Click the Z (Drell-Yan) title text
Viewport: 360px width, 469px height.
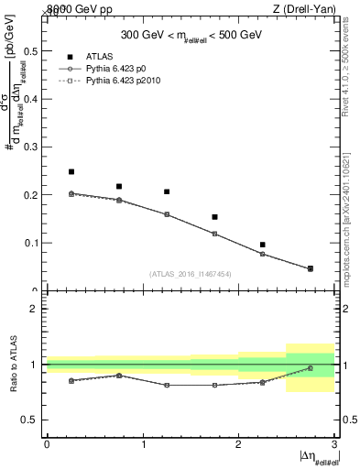tap(306, 9)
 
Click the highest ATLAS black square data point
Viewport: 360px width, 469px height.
tap(71, 171)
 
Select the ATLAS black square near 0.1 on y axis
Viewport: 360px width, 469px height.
tap(262, 245)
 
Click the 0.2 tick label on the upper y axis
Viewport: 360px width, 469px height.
tap(30, 195)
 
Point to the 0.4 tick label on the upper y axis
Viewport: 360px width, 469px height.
tap(30, 99)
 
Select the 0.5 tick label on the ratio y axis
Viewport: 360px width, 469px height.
tap(30, 420)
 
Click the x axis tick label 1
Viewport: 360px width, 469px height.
tap(142, 446)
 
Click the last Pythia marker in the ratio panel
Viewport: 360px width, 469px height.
tap(310, 368)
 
